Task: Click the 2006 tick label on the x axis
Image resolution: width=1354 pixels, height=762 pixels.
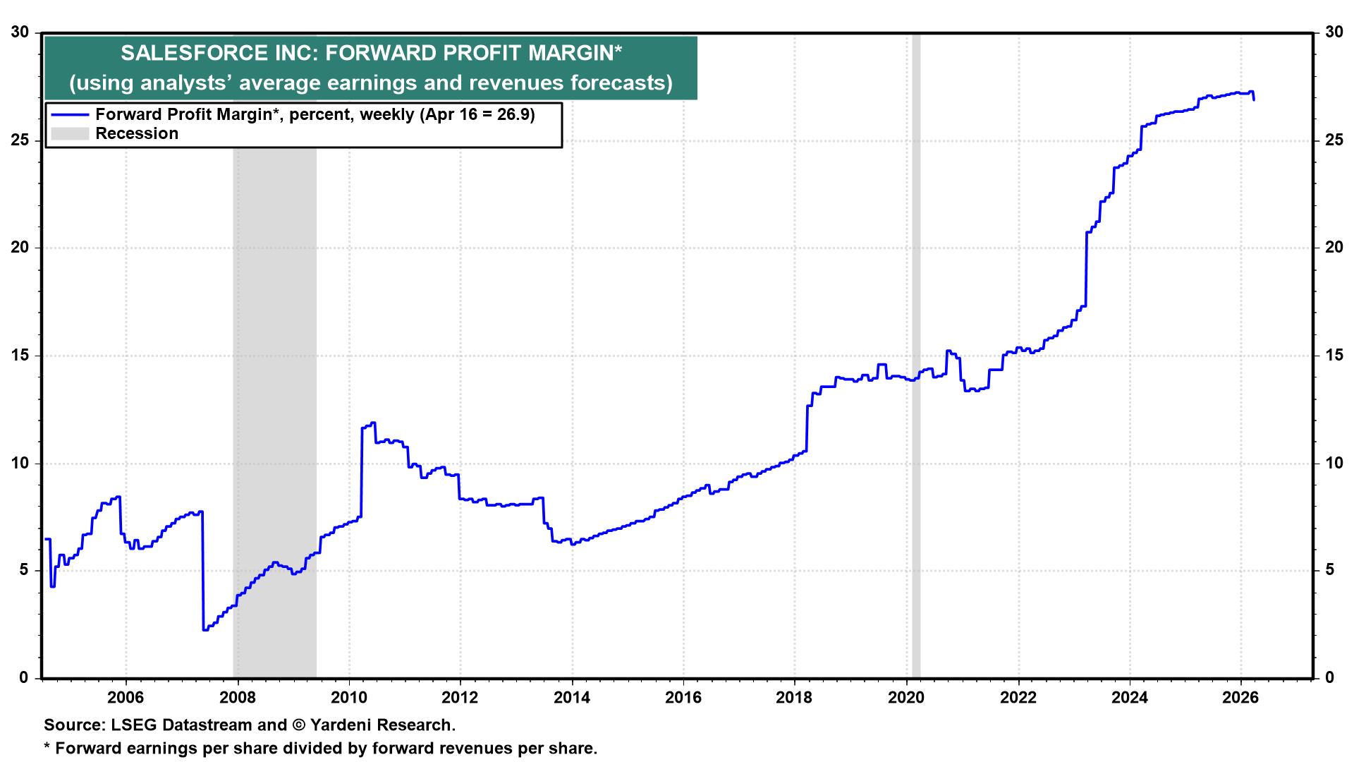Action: (x=126, y=698)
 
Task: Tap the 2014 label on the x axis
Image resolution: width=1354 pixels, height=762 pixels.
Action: (x=572, y=698)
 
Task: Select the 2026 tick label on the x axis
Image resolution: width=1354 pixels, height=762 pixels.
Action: (x=1241, y=698)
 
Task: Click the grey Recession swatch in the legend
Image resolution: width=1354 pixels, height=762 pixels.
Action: (x=69, y=134)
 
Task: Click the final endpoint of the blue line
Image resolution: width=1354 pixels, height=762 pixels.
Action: (x=1253, y=100)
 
